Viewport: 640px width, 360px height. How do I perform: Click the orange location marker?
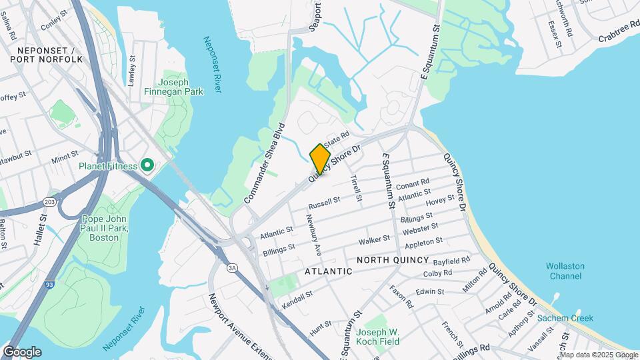(x=320, y=159)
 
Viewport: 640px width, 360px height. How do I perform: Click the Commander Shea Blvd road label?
(x=265, y=163)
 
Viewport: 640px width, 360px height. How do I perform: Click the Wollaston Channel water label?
(x=565, y=271)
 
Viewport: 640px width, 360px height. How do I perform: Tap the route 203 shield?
(x=49, y=201)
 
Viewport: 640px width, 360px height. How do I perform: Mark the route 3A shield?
(x=232, y=267)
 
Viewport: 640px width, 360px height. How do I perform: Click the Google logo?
(x=22, y=351)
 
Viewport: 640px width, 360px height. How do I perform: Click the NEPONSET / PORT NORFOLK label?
(x=47, y=55)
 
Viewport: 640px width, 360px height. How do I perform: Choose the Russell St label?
(x=325, y=201)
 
